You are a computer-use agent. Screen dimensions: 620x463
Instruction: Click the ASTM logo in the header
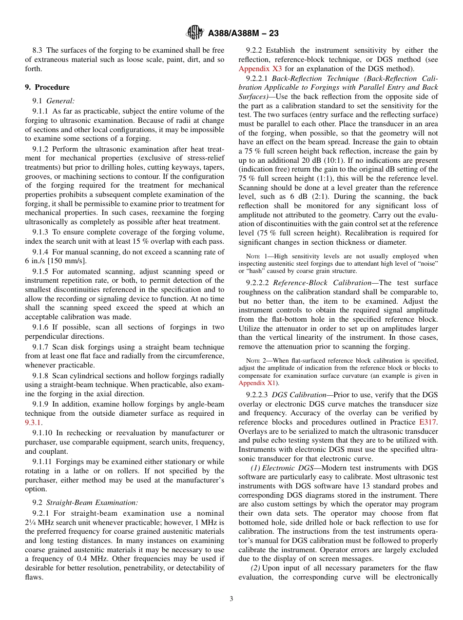point(195,33)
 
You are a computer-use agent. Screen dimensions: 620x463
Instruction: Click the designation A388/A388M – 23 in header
point(243,34)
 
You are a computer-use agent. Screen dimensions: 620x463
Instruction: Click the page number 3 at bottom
point(231,599)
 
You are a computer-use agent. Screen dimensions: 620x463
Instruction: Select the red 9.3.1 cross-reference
point(33,423)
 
